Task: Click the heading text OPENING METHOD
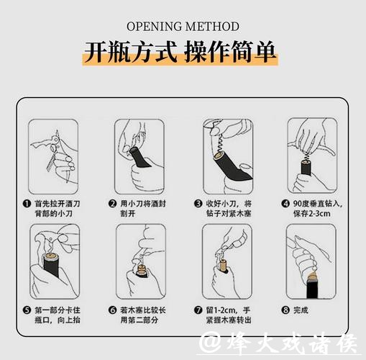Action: tap(183, 27)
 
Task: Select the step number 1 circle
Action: tap(27, 204)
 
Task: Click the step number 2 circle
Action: tap(112, 204)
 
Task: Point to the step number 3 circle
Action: tap(198, 204)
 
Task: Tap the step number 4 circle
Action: tap(285, 204)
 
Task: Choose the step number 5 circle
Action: tap(27, 310)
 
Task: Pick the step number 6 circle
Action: tap(112, 310)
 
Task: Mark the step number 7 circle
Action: tap(198, 310)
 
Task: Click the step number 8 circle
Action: tap(285, 310)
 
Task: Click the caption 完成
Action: tap(301, 310)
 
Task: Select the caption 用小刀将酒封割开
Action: tap(141, 209)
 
